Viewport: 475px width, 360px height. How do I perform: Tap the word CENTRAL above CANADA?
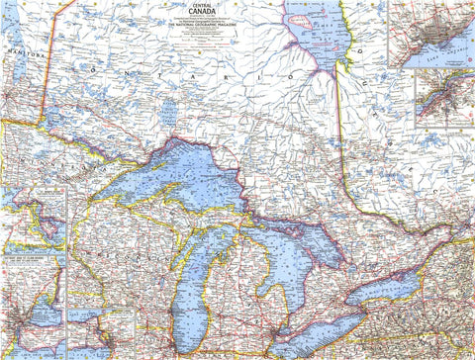(203, 5)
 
